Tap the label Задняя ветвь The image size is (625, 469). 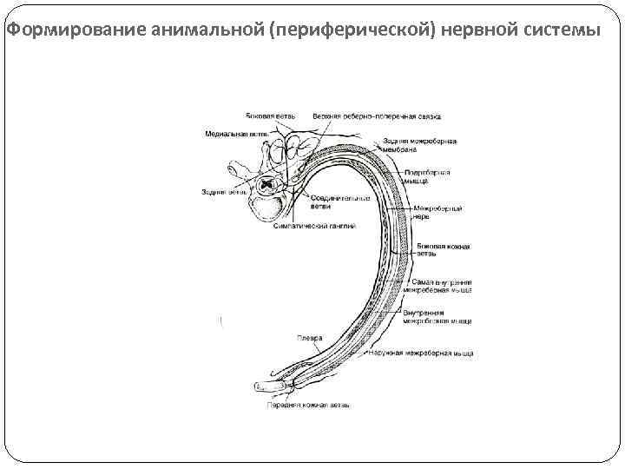pos(219,191)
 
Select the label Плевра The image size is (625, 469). pos(310,338)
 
